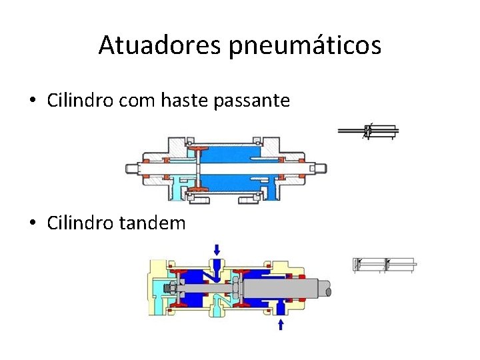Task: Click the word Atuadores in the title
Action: coord(160,45)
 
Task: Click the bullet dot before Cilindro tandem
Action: coord(32,223)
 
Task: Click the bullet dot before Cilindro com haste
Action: coord(32,102)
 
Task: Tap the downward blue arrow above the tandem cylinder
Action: coord(217,249)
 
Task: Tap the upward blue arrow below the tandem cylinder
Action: coord(281,324)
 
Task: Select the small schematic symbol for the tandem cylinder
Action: coord(383,265)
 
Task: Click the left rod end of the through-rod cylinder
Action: coord(133,168)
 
